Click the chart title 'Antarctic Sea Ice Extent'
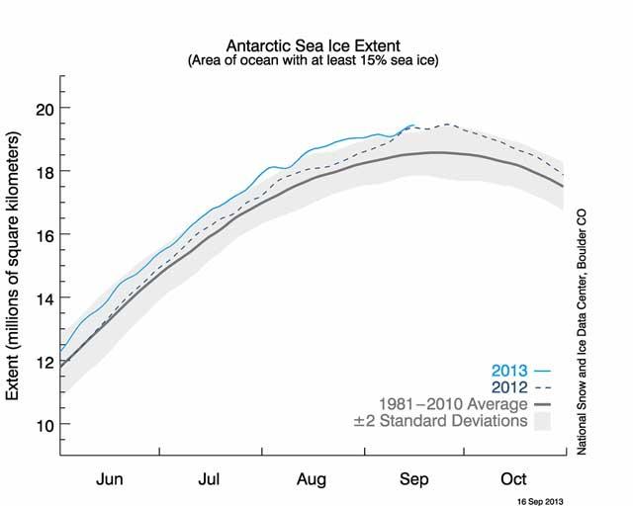coord(316,45)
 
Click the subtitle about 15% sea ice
coord(316,61)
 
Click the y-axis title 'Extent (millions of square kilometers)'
coord(15,266)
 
